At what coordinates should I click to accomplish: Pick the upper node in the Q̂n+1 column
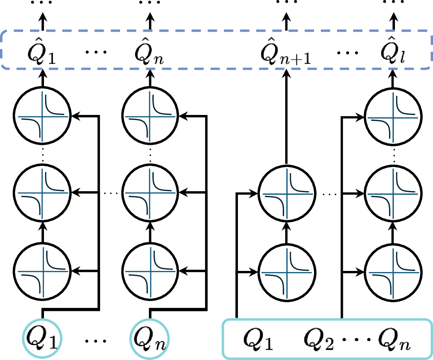click(287, 193)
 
